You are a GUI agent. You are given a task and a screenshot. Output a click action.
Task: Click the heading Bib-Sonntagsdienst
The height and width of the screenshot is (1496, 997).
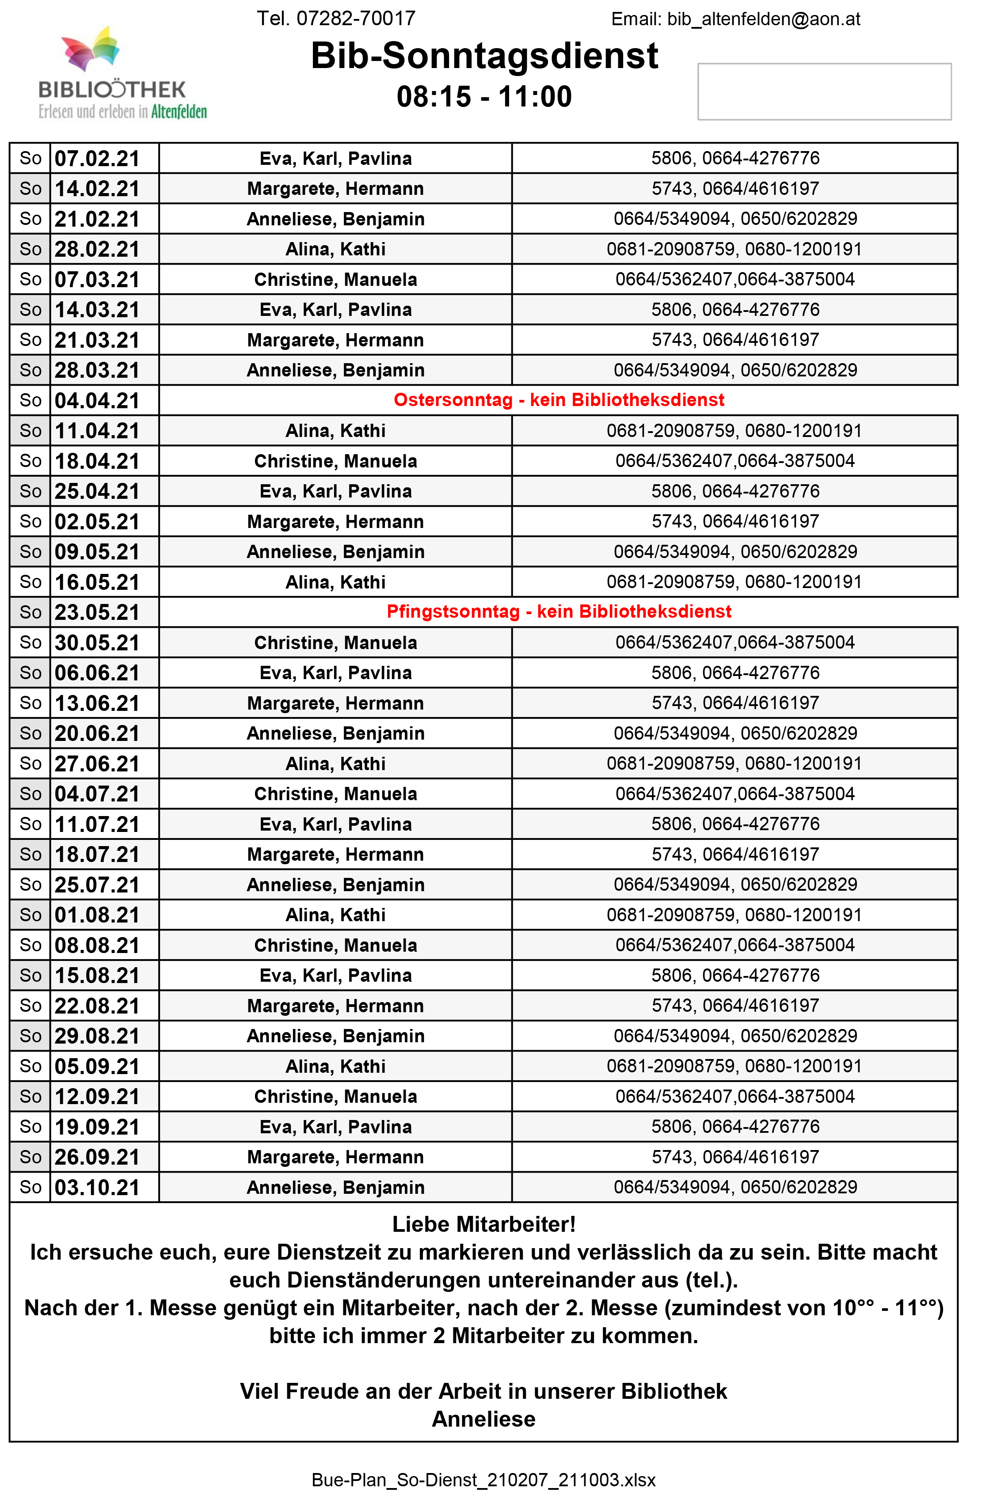click(484, 56)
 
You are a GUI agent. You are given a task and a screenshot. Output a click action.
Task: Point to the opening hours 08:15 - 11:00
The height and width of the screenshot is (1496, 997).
click(484, 97)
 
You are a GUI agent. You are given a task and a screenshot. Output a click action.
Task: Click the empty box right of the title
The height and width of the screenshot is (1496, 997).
click(824, 91)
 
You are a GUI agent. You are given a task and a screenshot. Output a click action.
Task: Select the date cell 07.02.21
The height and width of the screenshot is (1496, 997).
click(97, 158)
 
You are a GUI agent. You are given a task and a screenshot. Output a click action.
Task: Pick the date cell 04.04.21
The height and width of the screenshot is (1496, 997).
click(97, 400)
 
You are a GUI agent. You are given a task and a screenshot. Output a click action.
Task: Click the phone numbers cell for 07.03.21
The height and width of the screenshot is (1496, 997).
click(734, 279)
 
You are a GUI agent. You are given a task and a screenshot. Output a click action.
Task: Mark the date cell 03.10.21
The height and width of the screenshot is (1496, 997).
click(97, 1187)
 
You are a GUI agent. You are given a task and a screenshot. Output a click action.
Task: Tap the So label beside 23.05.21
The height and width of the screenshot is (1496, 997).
click(30, 612)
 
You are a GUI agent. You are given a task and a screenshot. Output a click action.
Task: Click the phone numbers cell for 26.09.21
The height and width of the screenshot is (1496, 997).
click(734, 1157)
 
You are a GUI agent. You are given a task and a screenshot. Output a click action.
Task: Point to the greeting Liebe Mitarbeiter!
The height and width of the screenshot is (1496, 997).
click(484, 1224)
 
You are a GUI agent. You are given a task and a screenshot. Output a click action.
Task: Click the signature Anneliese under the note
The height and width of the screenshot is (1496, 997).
click(484, 1419)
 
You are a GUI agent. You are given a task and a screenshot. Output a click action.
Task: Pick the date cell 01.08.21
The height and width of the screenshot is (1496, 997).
click(97, 915)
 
